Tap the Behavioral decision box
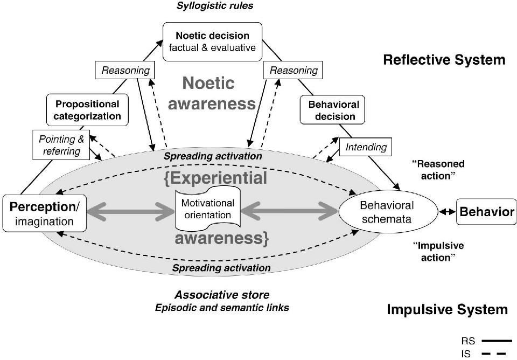332,109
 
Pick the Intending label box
366,146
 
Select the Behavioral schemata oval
387,212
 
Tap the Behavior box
486,212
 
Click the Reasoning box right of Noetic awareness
294,70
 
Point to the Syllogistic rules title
207,6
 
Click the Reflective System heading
444,60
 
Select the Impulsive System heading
447,309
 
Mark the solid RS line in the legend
497,341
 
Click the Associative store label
222,295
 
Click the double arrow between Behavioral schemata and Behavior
446,212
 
